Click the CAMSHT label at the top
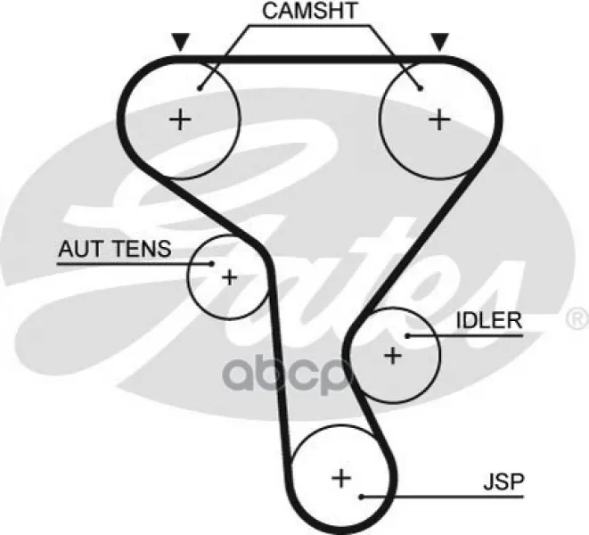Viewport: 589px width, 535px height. pyautogui.click(x=310, y=11)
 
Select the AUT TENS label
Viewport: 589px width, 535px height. pyautogui.click(x=115, y=249)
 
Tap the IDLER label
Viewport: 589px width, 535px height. pyautogui.click(x=489, y=321)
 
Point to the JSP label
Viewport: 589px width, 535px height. pyautogui.click(x=503, y=482)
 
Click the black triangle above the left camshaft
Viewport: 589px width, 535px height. pyautogui.click(x=181, y=41)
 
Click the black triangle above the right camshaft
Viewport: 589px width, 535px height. pyautogui.click(x=439, y=41)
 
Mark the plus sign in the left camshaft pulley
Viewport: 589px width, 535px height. pyautogui.click(x=181, y=120)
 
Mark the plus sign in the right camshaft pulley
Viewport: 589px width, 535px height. pyautogui.click(x=439, y=120)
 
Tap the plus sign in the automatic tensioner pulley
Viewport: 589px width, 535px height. pyautogui.click(x=230, y=278)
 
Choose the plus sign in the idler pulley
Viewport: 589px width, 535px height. pyautogui.click(x=393, y=356)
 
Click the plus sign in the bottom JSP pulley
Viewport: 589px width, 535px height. pyautogui.click(x=341, y=479)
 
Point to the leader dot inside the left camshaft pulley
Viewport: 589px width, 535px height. pyautogui.click(x=200, y=88)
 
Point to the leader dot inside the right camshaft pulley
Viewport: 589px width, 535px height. pyautogui.click(x=421, y=88)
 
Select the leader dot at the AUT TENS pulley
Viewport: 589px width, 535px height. pyautogui.click(x=211, y=264)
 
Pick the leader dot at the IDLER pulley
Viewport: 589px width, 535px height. pyautogui.click(x=407, y=336)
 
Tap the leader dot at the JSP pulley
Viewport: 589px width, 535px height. pyautogui.click(x=362, y=497)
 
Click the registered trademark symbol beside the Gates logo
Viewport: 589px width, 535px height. pyautogui.click(x=577, y=319)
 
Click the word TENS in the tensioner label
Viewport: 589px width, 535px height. pyautogui.click(x=142, y=249)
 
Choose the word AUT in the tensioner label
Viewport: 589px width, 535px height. pyautogui.click(x=80, y=249)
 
